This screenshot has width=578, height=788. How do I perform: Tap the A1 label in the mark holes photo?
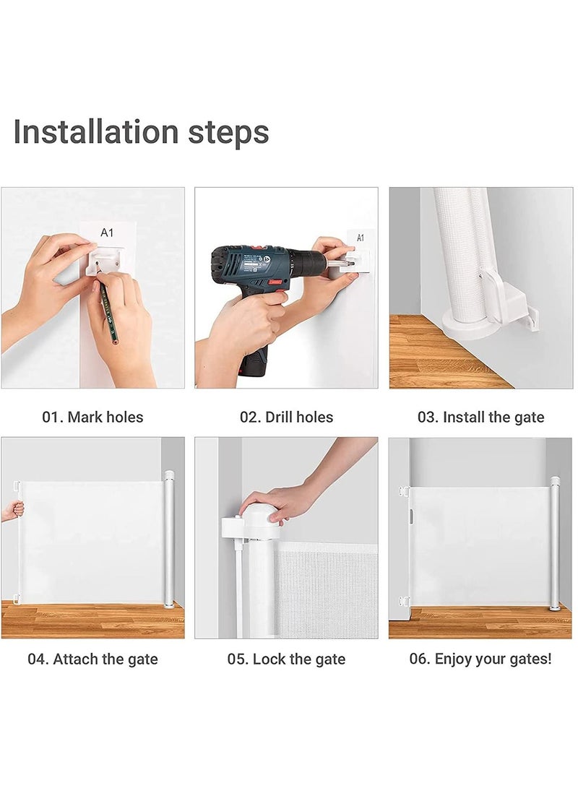107,233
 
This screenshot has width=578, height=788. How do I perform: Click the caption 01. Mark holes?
92,417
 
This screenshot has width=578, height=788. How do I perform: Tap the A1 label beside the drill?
361,238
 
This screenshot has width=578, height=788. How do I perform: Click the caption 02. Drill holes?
287,417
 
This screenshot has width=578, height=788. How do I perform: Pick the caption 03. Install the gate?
480,417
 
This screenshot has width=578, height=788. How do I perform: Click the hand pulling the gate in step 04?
12,511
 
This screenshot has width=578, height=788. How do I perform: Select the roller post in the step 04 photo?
169,538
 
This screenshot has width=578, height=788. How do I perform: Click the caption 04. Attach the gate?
92,659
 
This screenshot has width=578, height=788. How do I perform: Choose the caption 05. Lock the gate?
286,659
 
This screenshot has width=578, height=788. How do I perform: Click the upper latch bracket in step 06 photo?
403,492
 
